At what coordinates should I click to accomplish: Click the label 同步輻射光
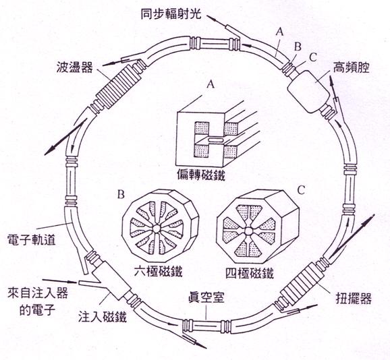pyautogui.click(x=171, y=14)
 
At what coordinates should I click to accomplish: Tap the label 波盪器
pyautogui.click(x=75, y=67)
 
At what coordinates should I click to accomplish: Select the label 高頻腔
pyautogui.click(x=352, y=67)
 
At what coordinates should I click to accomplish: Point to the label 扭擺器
pyautogui.click(x=354, y=299)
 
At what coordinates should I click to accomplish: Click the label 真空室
pyautogui.click(x=206, y=297)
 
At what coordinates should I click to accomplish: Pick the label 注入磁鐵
pyautogui.click(x=103, y=317)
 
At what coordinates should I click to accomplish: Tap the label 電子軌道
pyautogui.click(x=32, y=240)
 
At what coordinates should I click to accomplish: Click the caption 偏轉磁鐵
pyautogui.click(x=201, y=176)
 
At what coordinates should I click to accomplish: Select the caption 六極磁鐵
pyautogui.click(x=158, y=271)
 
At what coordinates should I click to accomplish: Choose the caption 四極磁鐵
pyautogui.click(x=250, y=273)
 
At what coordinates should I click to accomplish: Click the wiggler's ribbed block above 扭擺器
pyautogui.click(x=303, y=282)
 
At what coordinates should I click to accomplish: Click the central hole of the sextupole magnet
pyautogui.click(x=156, y=229)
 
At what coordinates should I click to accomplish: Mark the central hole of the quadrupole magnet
pyautogui.click(x=248, y=231)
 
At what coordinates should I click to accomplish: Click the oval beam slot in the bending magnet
pyautogui.click(x=215, y=140)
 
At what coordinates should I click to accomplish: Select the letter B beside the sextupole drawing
pyautogui.click(x=121, y=195)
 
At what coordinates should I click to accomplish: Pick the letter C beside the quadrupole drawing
pyautogui.click(x=301, y=190)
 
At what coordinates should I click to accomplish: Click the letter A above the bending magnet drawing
pyautogui.click(x=211, y=85)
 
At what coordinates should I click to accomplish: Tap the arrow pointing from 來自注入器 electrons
pyautogui.click(x=59, y=281)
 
